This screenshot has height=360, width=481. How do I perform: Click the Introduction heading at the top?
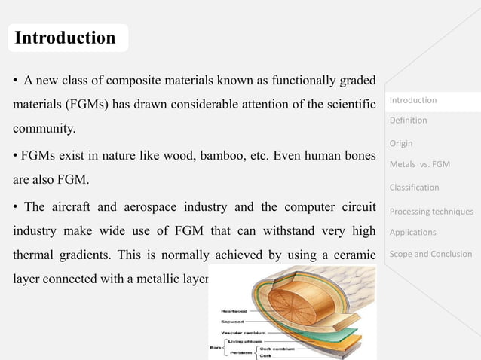click(66, 38)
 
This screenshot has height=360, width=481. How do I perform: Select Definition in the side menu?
click(408, 121)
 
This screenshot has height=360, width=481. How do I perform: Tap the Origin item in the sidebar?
click(400, 143)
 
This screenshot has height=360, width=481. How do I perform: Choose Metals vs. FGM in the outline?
click(419, 165)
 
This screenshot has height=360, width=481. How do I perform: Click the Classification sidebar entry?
click(414, 188)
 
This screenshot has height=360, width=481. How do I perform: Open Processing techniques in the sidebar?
click(431, 211)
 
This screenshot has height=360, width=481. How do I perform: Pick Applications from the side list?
click(412, 233)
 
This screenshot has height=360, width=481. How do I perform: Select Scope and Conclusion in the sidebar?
click(430, 254)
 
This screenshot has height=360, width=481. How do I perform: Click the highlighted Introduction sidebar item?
click(412, 100)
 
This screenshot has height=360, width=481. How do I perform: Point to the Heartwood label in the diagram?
click(234, 310)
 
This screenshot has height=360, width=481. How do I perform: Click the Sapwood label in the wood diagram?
click(234, 320)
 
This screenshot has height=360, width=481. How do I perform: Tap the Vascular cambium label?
click(242, 330)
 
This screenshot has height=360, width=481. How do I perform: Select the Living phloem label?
click(242, 340)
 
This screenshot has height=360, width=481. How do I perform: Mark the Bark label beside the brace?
click(215, 348)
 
